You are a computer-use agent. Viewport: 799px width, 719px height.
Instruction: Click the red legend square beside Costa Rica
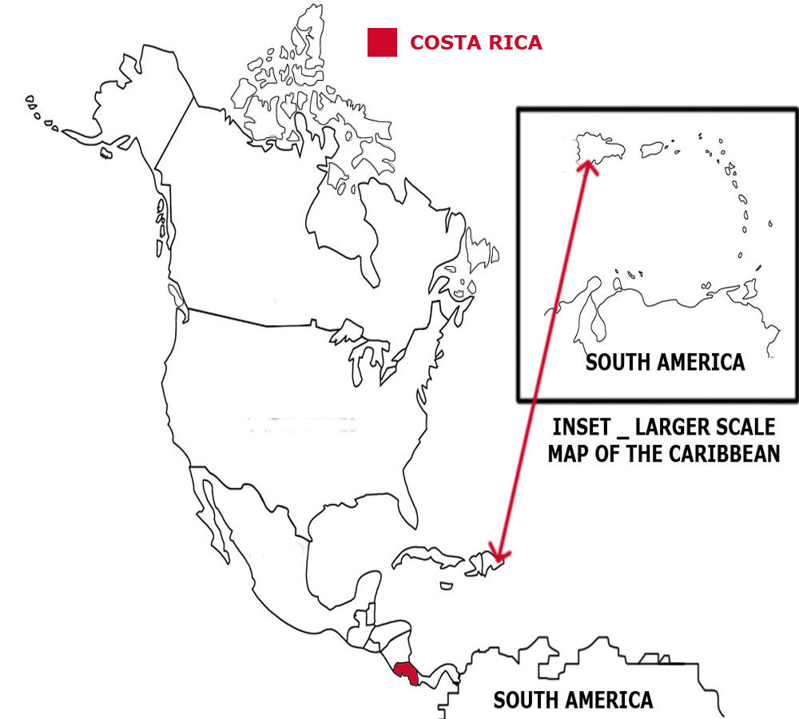point(382,42)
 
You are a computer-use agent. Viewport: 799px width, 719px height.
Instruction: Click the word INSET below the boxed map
point(585,426)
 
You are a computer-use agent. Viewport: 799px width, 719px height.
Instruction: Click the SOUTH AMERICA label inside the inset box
point(665,362)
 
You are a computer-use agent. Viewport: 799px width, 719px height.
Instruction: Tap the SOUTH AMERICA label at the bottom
point(573,701)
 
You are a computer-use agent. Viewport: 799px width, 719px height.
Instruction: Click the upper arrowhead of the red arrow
point(589,165)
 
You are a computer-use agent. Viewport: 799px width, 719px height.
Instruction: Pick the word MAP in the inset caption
point(569,453)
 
